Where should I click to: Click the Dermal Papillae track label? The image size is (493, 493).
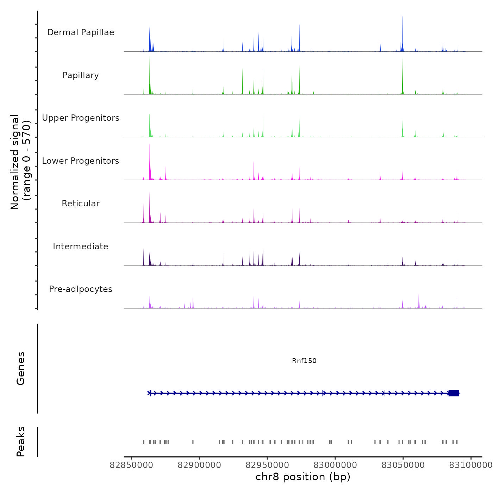[x=81, y=32]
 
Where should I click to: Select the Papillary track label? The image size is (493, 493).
[x=81, y=75]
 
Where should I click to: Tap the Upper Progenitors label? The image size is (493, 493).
[x=81, y=118]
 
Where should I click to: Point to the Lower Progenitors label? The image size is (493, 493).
[x=81, y=161]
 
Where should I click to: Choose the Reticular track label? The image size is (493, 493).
[x=81, y=204]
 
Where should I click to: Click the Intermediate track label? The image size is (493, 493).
[x=81, y=246]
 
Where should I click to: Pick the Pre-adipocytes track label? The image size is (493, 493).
[x=81, y=289]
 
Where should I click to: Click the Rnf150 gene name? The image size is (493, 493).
[x=304, y=361]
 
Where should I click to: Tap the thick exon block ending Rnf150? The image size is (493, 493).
[x=454, y=393]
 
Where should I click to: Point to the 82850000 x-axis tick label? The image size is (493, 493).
[x=131, y=465]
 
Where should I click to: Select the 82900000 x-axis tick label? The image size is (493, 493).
[x=199, y=465]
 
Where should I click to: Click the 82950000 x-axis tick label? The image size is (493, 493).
[x=267, y=465]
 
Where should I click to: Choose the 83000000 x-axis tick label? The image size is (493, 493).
[x=335, y=465]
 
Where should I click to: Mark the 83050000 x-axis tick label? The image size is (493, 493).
[x=403, y=465]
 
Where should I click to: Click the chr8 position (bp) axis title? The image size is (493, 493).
[x=303, y=477]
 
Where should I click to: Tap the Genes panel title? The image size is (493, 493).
[x=21, y=368]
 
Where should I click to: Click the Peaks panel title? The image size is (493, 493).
[x=21, y=442]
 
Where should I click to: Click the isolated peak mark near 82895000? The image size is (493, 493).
[x=193, y=442]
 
